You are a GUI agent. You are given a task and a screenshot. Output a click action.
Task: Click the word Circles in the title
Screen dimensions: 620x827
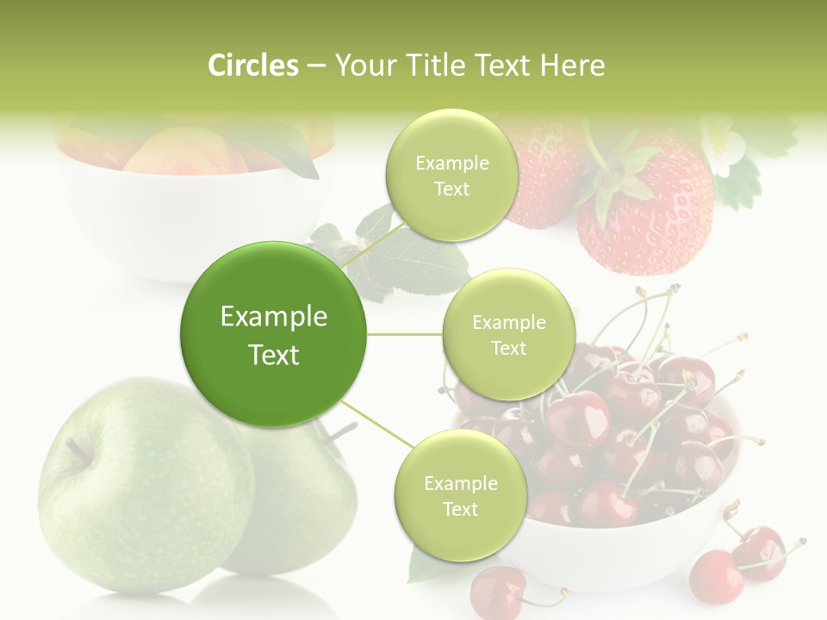click(252, 65)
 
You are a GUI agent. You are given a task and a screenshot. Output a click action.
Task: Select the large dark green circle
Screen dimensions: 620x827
click(273, 334)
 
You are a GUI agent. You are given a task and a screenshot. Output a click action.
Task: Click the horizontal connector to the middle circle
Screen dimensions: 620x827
click(404, 334)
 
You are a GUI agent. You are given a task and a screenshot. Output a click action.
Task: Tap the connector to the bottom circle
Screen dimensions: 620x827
click(376, 425)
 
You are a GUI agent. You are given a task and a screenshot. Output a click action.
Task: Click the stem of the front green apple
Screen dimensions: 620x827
click(78, 449)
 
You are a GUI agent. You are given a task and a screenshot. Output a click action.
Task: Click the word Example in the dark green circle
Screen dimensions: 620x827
click(273, 317)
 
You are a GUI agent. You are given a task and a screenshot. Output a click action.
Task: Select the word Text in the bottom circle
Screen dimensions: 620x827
click(460, 509)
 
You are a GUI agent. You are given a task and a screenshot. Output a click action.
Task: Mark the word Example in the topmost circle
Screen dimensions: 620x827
click(451, 164)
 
